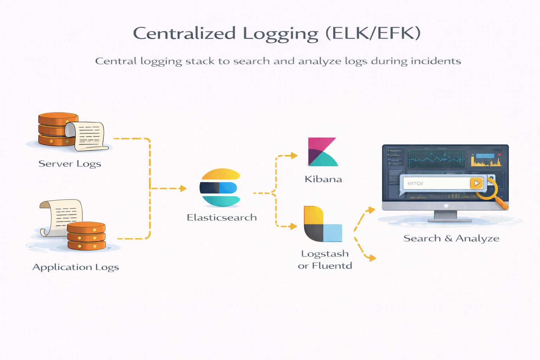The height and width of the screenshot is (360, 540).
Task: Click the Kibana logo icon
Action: [322, 152]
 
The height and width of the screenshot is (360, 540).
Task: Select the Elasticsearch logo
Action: [220, 187]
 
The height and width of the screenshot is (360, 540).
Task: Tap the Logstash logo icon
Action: [322, 224]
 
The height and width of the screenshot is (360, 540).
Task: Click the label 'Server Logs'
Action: [70, 164]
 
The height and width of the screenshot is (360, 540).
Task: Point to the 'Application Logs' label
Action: [76, 267]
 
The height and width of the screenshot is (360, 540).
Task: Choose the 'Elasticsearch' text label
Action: [221, 218]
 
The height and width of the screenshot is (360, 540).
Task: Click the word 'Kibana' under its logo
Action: [323, 179]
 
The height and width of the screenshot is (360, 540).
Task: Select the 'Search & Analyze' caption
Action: [451, 238]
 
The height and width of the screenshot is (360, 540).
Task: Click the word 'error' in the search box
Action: [415, 183]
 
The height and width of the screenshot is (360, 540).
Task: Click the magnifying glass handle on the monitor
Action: [503, 204]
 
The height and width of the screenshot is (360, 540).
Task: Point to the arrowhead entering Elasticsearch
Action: [183, 188]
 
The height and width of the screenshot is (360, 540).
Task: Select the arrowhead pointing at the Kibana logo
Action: [294, 155]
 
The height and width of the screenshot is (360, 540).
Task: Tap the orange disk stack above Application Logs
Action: [86, 236]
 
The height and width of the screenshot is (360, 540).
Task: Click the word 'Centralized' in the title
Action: [184, 34]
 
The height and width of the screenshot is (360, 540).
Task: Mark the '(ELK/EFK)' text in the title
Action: [373, 34]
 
